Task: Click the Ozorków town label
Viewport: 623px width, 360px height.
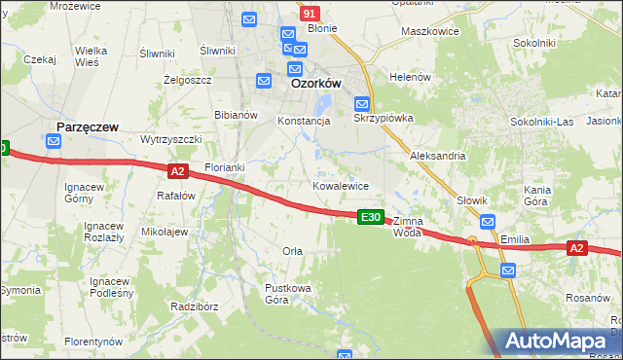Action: (x=315, y=85)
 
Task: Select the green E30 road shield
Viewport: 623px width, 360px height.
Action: (x=370, y=217)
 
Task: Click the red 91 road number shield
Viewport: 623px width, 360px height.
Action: (x=310, y=14)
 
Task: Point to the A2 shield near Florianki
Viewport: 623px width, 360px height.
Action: (x=176, y=171)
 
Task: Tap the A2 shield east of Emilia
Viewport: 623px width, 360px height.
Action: (x=577, y=249)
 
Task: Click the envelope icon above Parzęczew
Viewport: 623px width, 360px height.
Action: (x=53, y=142)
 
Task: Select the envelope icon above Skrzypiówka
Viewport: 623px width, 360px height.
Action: (x=361, y=103)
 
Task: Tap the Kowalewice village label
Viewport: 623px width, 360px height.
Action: (x=340, y=185)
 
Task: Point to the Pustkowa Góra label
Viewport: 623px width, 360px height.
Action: (x=277, y=294)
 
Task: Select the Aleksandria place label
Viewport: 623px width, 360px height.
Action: (x=438, y=156)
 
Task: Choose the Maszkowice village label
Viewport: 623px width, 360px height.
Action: (x=429, y=30)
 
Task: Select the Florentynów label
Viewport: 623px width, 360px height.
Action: (x=93, y=342)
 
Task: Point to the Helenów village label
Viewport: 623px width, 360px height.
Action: (x=409, y=77)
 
